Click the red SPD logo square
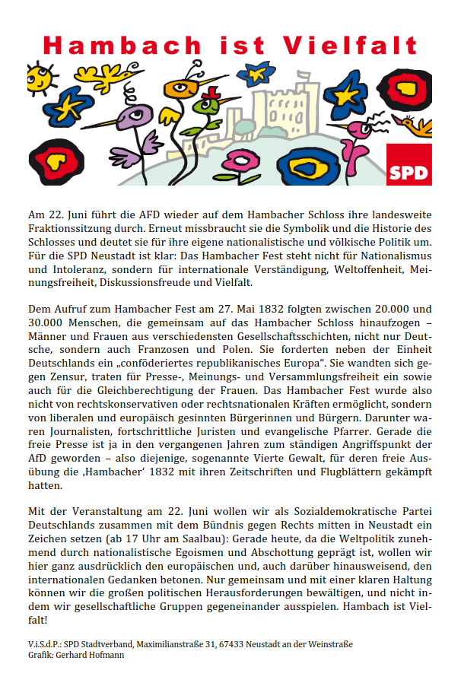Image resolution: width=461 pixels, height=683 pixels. pyautogui.click(x=409, y=165)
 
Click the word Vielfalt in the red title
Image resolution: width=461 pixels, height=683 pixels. pyautogui.click(x=350, y=46)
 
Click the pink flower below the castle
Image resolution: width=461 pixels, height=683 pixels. pyautogui.click(x=244, y=161)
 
